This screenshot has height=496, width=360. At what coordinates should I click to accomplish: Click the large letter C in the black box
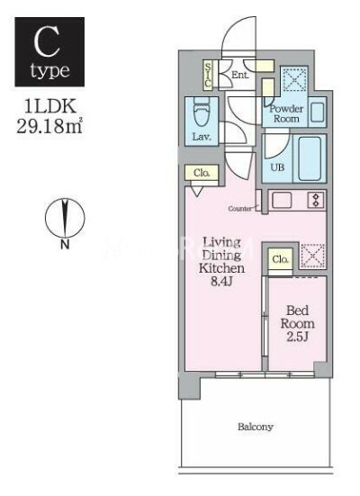tap(49, 41)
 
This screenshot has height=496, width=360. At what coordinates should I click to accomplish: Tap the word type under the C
tap(49, 69)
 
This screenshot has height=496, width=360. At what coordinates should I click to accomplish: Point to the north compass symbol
tap(65, 220)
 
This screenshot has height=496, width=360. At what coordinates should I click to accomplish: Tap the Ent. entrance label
tap(239, 75)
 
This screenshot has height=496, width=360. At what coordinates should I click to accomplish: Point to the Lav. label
tap(202, 137)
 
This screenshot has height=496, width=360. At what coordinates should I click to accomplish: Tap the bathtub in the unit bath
tap(309, 159)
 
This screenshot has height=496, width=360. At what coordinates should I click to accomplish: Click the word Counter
tap(240, 208)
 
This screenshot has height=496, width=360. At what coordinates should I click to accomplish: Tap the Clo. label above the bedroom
tap(280, 260)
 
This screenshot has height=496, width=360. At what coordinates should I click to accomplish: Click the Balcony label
tap(255, 426)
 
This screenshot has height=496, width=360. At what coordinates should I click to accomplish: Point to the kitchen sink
tap(283, 200)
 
